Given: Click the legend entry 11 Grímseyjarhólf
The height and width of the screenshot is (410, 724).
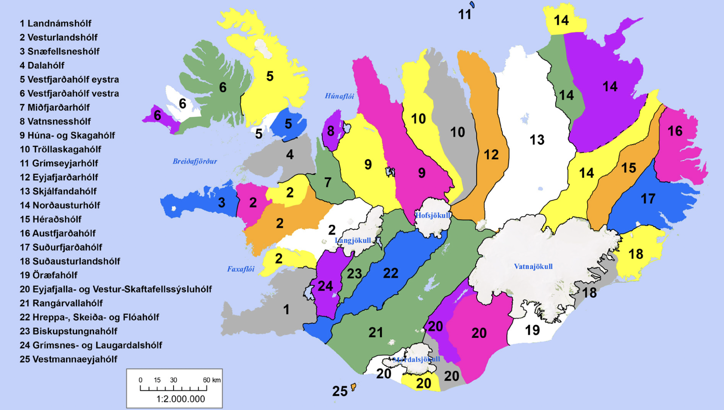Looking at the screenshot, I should click(x=59, y=163).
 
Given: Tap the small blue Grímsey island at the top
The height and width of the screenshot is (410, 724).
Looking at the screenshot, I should click(x=472, y=5).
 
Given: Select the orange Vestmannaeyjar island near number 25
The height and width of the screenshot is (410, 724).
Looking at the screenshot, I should click(x=353, y=387).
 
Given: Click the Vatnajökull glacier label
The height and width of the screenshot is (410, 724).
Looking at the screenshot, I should click(x=533, y=267).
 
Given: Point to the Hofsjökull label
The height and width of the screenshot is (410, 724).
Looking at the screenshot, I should click(x=433, y=215).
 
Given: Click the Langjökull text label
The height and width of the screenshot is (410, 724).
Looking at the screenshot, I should click(x=353, y=240).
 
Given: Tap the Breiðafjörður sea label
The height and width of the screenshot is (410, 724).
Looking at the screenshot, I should click(x=194, y=161).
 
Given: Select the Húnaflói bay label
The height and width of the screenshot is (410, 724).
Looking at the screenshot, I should click(x=339, y=96).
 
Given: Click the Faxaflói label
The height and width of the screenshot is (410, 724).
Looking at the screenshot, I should click(x=241, y=269).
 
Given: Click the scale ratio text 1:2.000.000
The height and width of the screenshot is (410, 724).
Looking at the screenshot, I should click(x=180, y=399).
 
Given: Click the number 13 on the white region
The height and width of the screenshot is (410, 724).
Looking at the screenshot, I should click(x=537, y=140).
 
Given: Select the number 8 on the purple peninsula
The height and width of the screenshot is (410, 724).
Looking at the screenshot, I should click(x=330, y=131).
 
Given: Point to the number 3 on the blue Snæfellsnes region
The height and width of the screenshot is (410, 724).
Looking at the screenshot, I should click(x=221, y=202).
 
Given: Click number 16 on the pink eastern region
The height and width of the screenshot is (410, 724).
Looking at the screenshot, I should click(x=675, y=131).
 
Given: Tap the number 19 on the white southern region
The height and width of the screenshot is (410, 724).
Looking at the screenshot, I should click(x=532, y=330).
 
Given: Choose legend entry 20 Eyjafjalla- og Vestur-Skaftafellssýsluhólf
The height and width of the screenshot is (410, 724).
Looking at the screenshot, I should click(x=116, y=289).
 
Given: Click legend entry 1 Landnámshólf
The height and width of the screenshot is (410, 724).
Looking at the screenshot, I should click(x=55, y=23).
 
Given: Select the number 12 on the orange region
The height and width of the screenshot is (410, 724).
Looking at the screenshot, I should click(x=491, y=155).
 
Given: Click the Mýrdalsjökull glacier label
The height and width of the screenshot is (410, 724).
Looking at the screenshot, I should click(x=416, y=359).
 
